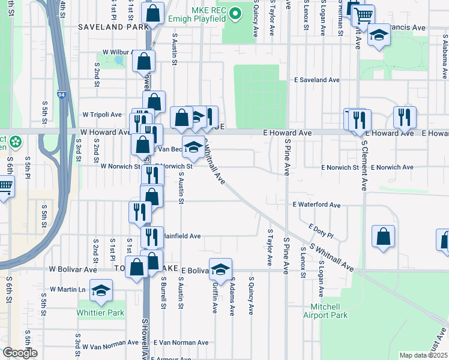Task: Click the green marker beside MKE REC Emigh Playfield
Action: [235, 12]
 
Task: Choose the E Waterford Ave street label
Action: [316, 205]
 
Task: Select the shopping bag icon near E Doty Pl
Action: [383, 237]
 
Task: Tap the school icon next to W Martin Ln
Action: [101, 290]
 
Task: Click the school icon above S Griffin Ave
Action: [220, 269]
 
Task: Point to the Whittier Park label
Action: [100, 313]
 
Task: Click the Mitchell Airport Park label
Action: [325, 311]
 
